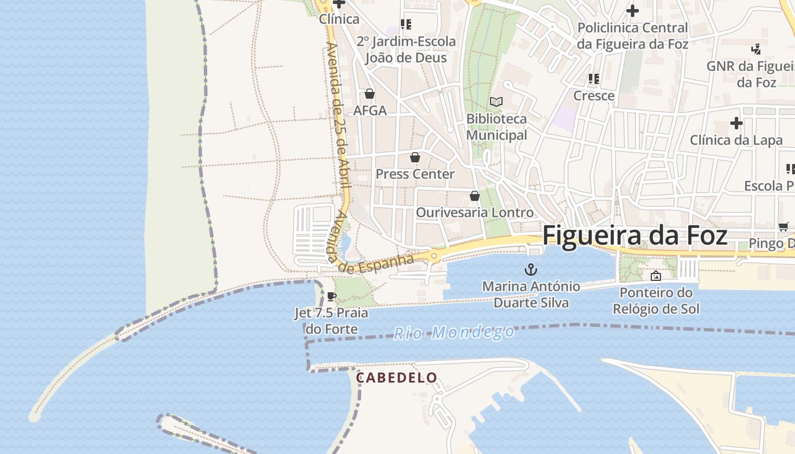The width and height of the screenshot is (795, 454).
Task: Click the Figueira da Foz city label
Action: point(635,236)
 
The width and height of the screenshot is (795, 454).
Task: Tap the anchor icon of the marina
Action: point(531,269)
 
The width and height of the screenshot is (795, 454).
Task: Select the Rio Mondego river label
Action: point(454,333)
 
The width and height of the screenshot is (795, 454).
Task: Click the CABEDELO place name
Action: point(396,377)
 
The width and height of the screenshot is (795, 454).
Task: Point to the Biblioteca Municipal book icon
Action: point(496,102)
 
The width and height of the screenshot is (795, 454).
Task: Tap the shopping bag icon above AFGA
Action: point(370,94)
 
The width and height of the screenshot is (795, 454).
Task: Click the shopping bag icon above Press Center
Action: point(415,157)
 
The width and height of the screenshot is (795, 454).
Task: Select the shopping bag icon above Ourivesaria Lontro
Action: point(475,196)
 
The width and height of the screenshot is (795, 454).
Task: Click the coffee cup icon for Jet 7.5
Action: point(332,296)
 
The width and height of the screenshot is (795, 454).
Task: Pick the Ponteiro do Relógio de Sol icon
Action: point(656,276)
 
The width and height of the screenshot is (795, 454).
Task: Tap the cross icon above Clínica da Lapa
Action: point(736,123)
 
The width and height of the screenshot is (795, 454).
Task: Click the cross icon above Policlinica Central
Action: point(632,11)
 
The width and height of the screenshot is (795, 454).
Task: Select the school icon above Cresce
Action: point(594,79)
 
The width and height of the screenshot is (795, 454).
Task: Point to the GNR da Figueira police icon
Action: point(756,49)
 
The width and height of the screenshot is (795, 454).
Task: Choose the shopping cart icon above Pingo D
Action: point(784,227)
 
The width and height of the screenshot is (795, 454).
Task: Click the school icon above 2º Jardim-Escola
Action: point(406,24)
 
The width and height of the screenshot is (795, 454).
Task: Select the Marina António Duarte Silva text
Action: point(531,295)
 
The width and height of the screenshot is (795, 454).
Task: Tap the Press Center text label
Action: point(415,174)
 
